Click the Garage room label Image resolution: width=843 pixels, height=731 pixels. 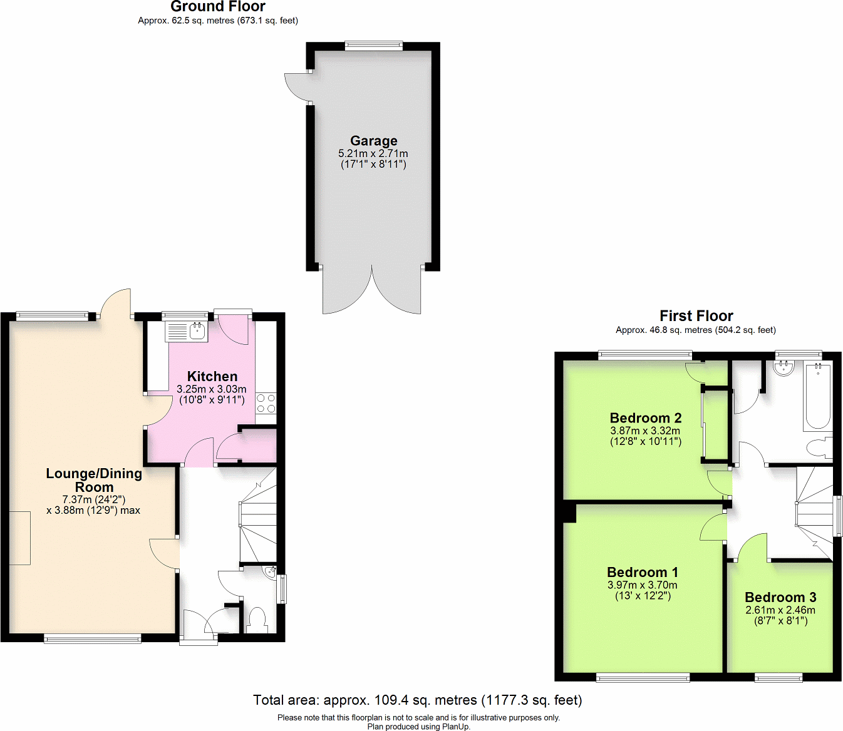(x=373, y=141)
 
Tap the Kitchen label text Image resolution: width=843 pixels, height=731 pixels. (x=212, y=376)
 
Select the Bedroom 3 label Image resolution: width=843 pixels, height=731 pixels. (x=780, y=597)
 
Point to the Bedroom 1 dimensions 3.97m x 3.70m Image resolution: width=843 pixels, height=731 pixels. (x=643, y=585)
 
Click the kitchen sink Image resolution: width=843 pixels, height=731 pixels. (x=187, y=331)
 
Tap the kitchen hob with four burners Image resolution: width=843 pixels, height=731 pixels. (x=266, y=403)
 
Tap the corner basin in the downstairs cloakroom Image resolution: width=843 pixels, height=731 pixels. (x=270, y=572)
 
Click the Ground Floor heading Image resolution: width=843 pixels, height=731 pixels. (x=218, y=7)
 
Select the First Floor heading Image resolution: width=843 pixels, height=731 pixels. (x=696, y=316)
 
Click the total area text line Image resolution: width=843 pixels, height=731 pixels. (x=417, y=700)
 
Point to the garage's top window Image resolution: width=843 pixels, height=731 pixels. (x=373, y=45)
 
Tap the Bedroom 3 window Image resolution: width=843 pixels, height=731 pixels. (x=778, y=677)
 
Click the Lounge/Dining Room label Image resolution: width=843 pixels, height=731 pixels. (x=94, y=480)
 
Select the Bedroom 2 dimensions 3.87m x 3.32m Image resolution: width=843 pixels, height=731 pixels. (x=645, y=431)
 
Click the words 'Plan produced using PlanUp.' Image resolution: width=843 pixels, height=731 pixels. (x=418, y=727)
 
